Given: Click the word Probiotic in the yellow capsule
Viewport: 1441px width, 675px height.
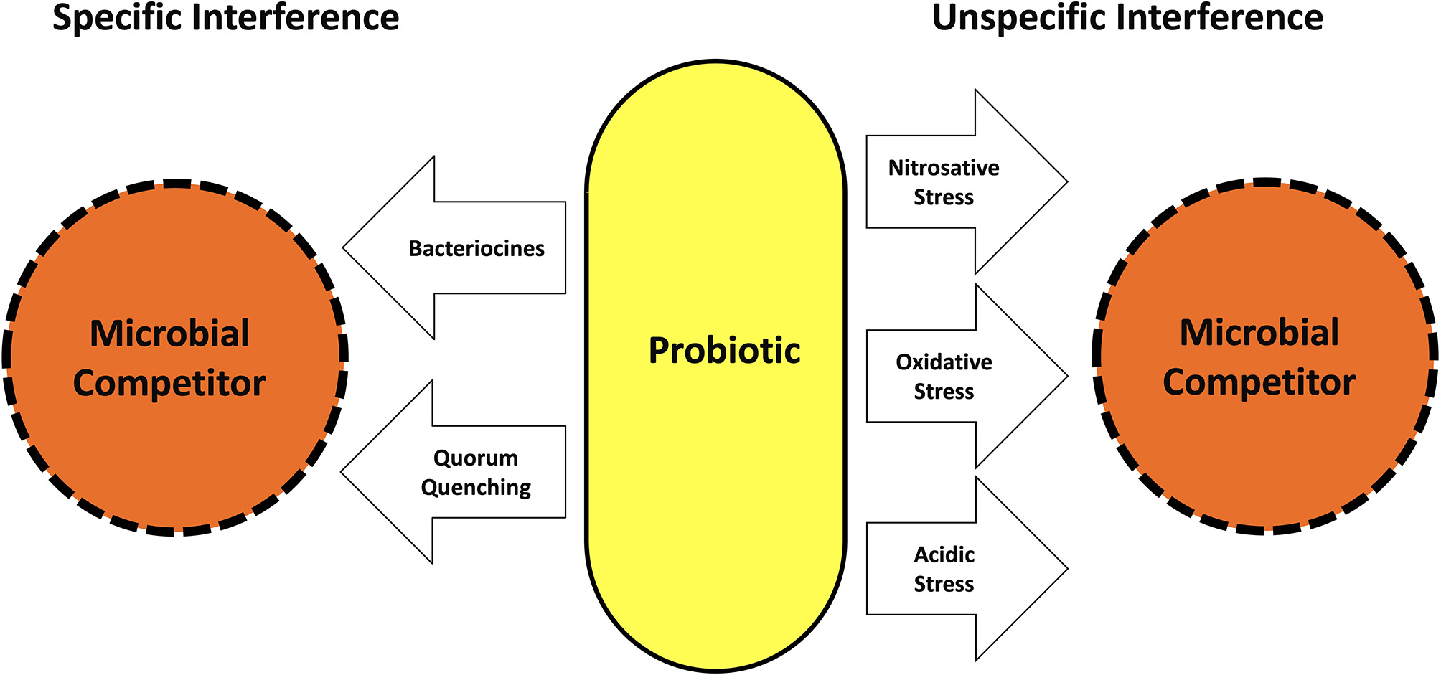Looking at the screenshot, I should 724,351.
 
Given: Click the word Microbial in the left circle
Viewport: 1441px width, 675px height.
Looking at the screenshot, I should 169,334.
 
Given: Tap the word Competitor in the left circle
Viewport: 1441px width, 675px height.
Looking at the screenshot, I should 169,384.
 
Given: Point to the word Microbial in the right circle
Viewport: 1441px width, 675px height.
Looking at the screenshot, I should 1259,333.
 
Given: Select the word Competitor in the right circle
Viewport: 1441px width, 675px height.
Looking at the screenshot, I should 1259,382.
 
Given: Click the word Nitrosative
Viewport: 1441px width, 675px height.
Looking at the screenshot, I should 944,168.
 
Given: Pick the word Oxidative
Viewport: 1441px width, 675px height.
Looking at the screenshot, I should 944,362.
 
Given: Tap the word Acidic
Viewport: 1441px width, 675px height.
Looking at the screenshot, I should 944,554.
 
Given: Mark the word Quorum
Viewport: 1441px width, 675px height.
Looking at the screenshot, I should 476,458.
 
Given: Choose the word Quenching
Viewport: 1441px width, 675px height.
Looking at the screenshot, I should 476,488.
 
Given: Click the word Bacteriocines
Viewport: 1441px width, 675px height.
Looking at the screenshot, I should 477,248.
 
